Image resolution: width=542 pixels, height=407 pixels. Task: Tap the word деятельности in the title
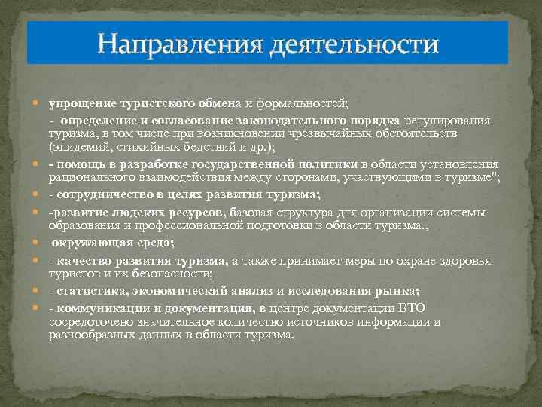pos(352,43)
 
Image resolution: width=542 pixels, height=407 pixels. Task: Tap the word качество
pos(83,261)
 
